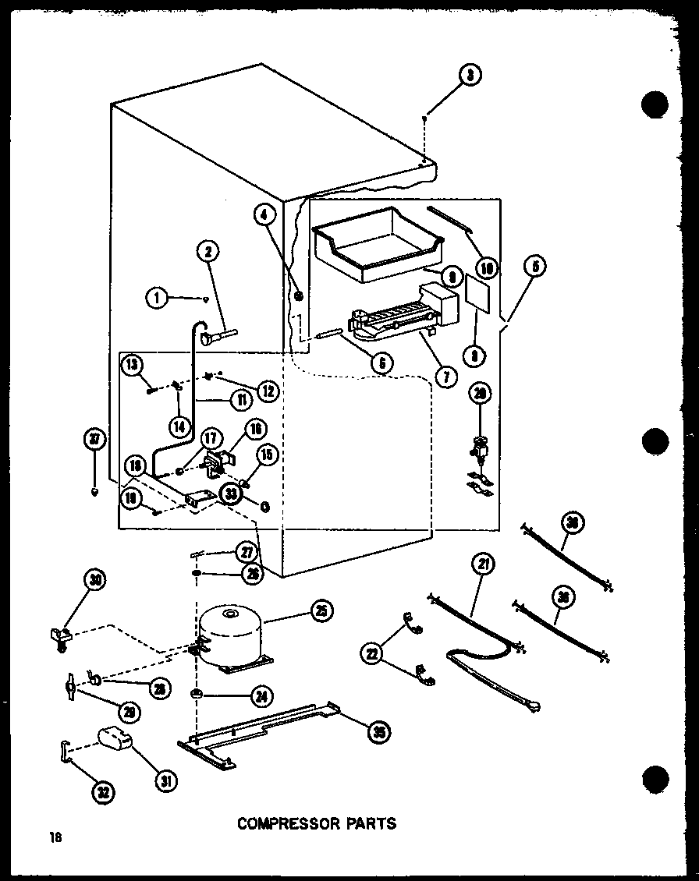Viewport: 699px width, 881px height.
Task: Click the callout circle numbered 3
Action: (470, 76)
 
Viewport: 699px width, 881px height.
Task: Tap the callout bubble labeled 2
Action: (208, 251)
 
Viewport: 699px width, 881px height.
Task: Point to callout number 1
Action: (156, 297)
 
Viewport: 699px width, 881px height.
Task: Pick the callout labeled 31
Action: (165, 780)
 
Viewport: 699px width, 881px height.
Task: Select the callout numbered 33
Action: (229, 494)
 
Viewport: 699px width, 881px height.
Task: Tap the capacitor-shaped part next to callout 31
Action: (115, 738)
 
